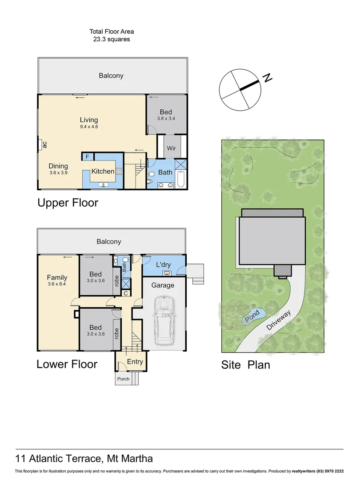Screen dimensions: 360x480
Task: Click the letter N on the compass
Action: tap(267, 78)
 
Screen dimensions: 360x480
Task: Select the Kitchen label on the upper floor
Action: tap(103, 171)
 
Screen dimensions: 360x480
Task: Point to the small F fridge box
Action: tap(87, 156)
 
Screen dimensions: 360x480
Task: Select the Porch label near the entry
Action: tap(123, 379)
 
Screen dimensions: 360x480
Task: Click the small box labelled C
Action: tap(126, 293)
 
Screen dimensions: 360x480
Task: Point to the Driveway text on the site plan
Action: tap(279, 320)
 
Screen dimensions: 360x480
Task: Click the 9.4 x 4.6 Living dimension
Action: tap(89, 127)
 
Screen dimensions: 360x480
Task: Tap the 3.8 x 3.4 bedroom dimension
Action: tap(166, 119)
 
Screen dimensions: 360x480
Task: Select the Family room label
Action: tap(57, 277)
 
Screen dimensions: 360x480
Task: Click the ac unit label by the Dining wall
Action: tap(45, 145)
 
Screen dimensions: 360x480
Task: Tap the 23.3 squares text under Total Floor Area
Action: tap(112, 39)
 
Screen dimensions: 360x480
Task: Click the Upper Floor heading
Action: tap(68, 203)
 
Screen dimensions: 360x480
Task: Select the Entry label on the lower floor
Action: tap(135, 361)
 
